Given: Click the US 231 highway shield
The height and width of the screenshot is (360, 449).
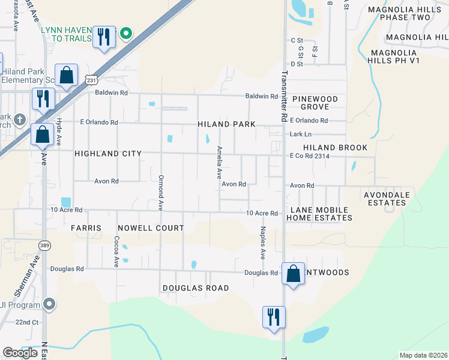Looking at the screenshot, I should coord(91,79).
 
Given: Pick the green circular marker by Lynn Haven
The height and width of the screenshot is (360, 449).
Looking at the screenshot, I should coord(126,34).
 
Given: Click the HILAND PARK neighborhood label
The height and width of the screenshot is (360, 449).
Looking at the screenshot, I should coord(227,124).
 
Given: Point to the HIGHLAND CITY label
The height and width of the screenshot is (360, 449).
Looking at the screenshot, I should coord(108,154).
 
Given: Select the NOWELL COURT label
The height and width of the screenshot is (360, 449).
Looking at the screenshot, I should coord(151,228).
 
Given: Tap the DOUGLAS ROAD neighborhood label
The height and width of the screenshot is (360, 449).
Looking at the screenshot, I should coord(196,288).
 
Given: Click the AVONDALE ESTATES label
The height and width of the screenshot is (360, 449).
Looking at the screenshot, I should coord(387,199).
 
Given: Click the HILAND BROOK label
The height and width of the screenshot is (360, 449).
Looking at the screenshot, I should coord(335,147).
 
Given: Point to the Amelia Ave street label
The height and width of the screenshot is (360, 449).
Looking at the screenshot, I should coord(220,163).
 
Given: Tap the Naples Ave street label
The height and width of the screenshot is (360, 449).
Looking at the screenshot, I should coord(262,242).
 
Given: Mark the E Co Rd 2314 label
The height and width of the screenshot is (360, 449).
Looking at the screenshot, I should coord(310,156).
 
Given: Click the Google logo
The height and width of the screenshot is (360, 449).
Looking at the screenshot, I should coord(20,353).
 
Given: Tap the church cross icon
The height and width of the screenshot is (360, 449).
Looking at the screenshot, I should coord(20,118).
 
